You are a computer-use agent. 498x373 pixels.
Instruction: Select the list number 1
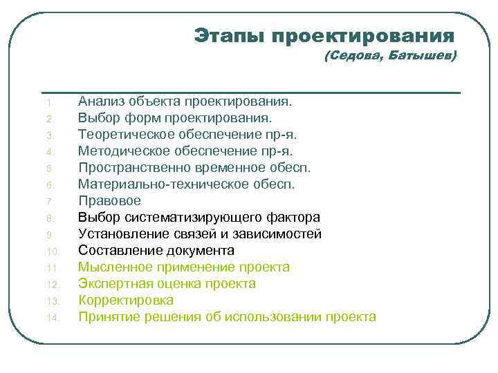(x=49, y=103)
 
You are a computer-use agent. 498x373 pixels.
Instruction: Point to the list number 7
(x=49, y=202)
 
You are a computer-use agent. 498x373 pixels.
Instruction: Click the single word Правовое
(x=109, y=200)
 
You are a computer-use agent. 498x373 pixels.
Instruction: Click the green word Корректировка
(x=126, y=300)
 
